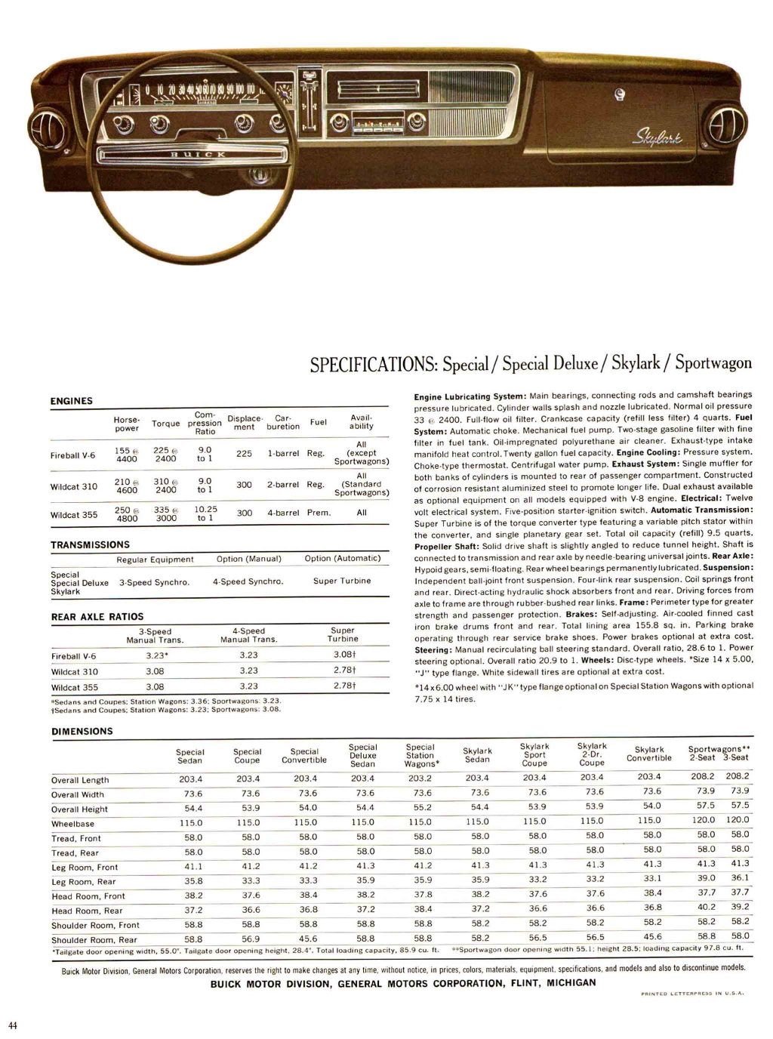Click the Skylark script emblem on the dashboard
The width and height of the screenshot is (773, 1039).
(658, 138)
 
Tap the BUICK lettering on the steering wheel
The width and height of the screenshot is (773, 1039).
(199, 155)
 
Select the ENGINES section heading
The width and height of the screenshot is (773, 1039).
(72, 401)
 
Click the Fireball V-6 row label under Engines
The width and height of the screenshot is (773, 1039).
(73, 455)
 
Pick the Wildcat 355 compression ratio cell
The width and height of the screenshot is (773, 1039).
(205, 513)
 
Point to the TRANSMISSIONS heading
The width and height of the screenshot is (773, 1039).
(90, 544)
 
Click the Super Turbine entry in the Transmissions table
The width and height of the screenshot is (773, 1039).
(342, 581)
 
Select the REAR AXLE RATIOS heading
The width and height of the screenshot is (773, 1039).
(97, 617)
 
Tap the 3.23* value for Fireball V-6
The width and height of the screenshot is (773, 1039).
(156, 656)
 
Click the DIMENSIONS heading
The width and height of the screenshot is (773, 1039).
(82, 731)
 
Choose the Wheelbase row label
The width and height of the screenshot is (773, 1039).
(73, 824)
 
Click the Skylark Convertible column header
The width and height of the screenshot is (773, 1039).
(649, 754)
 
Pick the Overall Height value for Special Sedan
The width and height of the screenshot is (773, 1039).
(193, 809)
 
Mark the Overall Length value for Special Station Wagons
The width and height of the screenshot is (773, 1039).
(420, 778)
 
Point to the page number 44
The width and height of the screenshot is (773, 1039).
(13, 1025)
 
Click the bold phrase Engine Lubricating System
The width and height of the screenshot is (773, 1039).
(470, 396)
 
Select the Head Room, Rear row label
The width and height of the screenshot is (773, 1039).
(87, 911)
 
